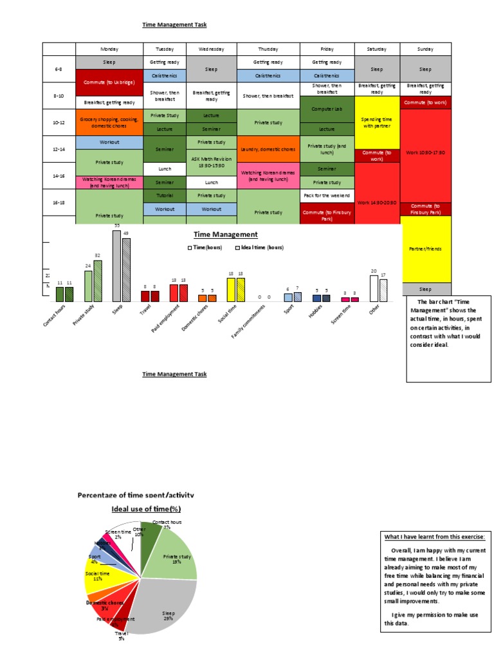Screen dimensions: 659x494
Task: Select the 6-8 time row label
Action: point(59,69)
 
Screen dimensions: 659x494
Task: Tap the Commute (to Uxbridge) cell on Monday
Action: point(107,82)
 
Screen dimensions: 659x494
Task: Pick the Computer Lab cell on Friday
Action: point(327,109)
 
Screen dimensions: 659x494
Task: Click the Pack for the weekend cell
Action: point(327,195)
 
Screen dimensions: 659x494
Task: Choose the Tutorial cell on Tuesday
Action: point(163,196)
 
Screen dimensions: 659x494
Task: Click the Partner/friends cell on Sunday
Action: point(426,248)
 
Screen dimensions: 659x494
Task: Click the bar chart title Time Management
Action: point(226,235)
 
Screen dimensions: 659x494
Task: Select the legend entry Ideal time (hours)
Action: point(261,247)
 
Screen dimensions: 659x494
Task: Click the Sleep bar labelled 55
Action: point(116,265)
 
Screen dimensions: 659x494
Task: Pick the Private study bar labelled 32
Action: point(98,281)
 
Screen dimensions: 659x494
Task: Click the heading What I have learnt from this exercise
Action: point(434,537)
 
